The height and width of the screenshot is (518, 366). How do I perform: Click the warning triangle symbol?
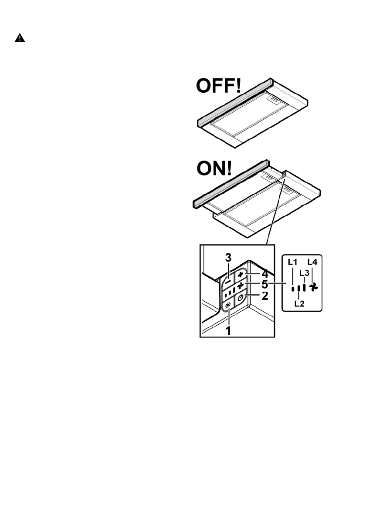20,38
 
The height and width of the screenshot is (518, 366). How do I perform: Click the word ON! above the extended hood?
213,169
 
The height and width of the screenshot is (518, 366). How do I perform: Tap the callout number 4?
264,274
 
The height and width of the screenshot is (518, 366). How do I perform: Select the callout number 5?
264,286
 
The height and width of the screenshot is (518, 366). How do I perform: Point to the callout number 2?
264,297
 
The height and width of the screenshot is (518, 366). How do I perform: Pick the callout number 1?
228,330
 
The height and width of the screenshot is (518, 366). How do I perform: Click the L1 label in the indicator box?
292,262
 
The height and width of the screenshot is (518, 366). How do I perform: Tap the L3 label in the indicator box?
305,272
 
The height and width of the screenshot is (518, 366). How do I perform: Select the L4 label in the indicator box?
312,262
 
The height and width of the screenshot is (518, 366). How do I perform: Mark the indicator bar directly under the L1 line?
292,288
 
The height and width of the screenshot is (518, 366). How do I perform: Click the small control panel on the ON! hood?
283,174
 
